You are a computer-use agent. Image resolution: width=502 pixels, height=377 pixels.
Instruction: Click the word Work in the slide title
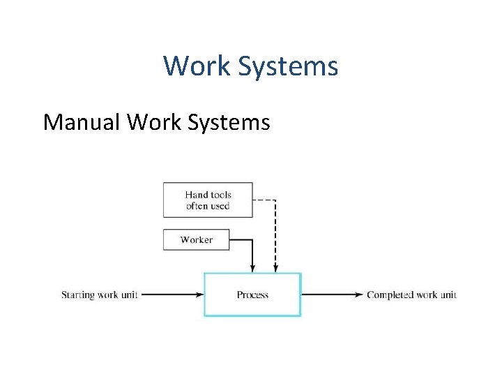click(x=197, y=66)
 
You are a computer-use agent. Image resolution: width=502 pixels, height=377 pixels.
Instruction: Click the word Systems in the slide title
click(x=288, y=67)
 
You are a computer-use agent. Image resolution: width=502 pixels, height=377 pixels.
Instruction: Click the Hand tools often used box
click(x=208, y=200)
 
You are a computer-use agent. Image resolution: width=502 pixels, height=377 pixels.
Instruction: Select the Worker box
click(x=196, y=239)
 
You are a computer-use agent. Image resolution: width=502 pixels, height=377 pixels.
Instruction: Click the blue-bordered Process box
click(x=252, y=307)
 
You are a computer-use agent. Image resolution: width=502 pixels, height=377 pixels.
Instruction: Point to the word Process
click(x=252, y=295)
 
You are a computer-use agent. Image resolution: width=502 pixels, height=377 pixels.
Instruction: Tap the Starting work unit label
click(x=100, y=295)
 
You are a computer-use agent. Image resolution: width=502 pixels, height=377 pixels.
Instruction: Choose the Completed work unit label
click(x=411, y=295)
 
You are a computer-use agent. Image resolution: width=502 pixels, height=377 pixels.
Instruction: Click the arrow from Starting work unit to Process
click(x=171, y=295)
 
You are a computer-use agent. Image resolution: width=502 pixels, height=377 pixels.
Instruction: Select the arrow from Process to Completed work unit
click(x=331, y=295)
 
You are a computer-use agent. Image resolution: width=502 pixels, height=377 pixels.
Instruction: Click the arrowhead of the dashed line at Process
click(x=275, y=269)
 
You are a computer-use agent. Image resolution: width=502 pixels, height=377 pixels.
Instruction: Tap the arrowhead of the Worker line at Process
click(x=252, y=269)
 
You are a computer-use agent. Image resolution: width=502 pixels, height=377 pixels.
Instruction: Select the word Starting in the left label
click(x=77, y=295)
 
